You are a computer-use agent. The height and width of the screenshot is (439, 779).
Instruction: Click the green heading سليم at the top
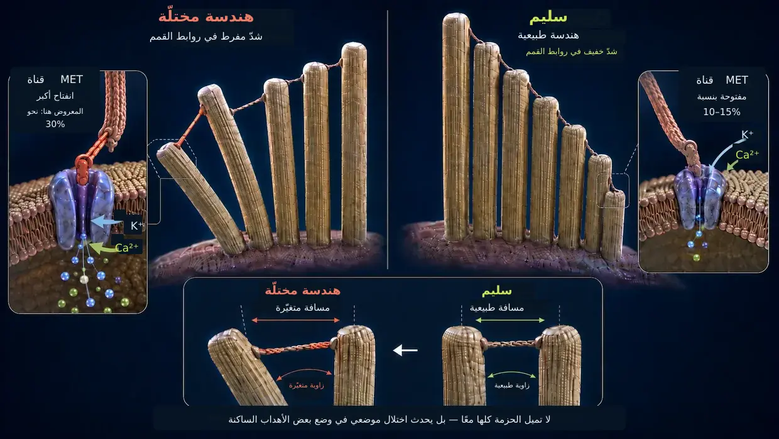548,18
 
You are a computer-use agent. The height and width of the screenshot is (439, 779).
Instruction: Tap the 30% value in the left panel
55,125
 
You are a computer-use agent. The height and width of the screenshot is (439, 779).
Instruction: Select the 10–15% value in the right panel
722,112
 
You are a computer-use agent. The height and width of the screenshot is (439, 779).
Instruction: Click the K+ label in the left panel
137,226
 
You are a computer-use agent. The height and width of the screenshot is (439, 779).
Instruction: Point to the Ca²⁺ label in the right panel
748,155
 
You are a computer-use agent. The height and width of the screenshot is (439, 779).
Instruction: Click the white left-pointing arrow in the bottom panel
405,350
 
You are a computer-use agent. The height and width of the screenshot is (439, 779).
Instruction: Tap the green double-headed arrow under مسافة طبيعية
510,320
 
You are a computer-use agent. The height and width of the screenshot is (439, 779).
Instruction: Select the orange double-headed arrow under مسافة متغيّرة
295,320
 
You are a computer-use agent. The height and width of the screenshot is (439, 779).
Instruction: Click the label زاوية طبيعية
511,386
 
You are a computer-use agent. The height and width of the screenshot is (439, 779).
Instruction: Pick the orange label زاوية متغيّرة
307,386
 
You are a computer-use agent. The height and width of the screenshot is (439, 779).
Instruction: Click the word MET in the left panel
72,80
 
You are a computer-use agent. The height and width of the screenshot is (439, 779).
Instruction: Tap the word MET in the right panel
736,80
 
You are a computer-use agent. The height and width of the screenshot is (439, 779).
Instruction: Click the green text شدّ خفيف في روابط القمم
572,52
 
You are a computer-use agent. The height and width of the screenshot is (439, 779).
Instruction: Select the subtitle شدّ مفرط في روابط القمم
206,36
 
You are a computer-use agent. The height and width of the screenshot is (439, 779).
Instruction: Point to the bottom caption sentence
389,420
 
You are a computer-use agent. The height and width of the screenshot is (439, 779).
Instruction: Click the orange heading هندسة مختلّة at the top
206,17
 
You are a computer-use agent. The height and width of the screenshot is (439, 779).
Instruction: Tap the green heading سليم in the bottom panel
496,291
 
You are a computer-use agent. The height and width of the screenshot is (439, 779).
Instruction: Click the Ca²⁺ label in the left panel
127,248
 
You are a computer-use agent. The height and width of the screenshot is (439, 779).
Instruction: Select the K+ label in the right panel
747,135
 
